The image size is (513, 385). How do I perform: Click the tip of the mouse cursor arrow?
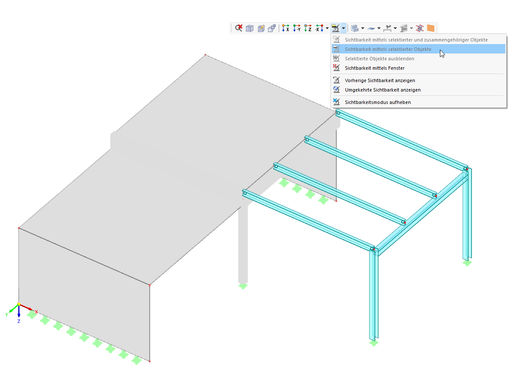pyautogui.click(x=440, y=50)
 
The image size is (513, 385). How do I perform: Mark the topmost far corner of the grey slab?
pyautogui.click(x=206, y=55)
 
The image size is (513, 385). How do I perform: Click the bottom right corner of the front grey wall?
pyautogui.click(x=150, y=361)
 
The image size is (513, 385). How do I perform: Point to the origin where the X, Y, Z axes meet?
pyautogui.click(x=19, y=304)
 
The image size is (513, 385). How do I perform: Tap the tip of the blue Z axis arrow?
pyautogui.click(x=19, y=317)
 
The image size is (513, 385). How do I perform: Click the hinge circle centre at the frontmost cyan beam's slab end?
pyautogui.click(x=245, y=193)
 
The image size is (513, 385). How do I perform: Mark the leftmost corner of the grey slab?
pyautogui.click(x=19, y=228)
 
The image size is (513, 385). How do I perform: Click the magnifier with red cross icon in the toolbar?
pyautogui.click(x=239, y=28)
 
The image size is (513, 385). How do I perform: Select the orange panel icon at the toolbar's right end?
pyautogui.click(x=430, y=28)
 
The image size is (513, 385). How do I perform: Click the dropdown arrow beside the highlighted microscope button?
pyautogui.click(x=343, y=28)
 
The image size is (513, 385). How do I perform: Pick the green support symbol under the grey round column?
pyautogui.click(x=243, y=286)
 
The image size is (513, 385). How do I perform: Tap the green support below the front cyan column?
pyautogui.click(x=374, y=343)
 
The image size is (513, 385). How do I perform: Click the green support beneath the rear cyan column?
pyautogui.click(x=467, y=263)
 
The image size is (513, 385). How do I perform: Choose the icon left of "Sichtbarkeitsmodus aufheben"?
pyautogui.click(x=336, y=102)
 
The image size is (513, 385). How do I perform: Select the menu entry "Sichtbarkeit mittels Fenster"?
pyautogui.click(x=374, y=68)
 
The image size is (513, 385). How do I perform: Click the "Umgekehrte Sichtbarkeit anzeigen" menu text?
pyautogui.click(x=383, y=90)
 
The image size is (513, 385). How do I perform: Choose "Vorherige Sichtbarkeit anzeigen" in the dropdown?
pyautogui.click(x=380, y=80)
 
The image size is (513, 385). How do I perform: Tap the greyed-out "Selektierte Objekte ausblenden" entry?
pyautogui.click(x=379, y=59)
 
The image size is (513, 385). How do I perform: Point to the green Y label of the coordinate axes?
pyautogui.click(x=6, y=315)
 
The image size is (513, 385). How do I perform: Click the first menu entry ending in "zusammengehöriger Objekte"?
pyautogui.click(x=416, y=40)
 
